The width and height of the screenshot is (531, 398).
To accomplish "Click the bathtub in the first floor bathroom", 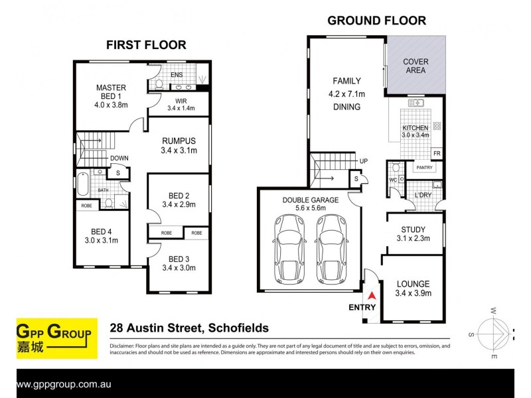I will click(83, 183).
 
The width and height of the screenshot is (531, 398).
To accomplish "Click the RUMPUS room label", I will click(179, 141).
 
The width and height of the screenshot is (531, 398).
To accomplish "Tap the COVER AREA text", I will click(416, 66).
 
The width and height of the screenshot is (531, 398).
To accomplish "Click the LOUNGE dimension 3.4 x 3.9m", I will click(414, 293).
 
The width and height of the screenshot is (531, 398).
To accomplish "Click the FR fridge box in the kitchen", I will click(437, 154).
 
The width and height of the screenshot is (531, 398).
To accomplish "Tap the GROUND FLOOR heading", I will click(376, 21).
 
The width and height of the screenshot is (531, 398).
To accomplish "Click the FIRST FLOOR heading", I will click(146, 45).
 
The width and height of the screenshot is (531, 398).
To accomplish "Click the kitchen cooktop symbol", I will click(437, 125).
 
